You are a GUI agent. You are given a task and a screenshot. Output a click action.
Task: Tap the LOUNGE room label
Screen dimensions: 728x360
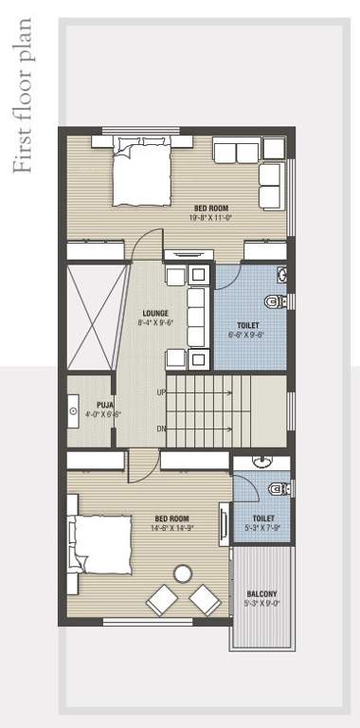point(155,312)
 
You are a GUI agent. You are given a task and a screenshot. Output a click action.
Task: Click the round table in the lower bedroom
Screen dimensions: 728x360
point(182,573)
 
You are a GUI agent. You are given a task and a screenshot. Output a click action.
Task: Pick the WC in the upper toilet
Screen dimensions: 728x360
point(275,302)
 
